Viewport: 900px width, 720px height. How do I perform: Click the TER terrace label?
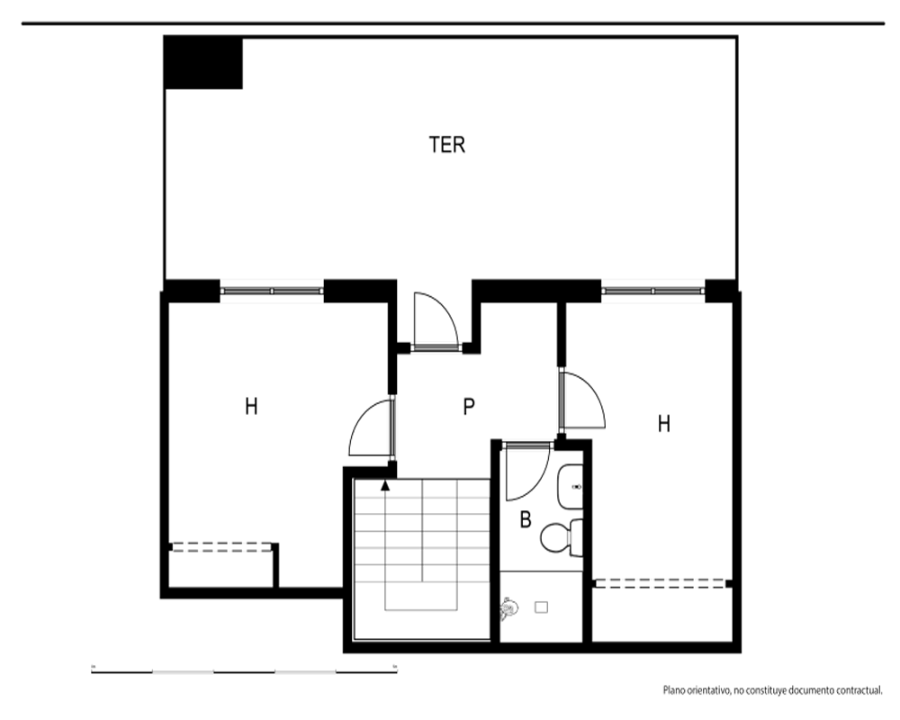446,145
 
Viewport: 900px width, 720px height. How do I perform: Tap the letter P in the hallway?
469,407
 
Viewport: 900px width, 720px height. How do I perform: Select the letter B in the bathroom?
526,519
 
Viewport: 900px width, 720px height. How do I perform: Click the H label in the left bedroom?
251,407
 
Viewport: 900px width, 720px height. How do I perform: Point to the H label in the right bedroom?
663,424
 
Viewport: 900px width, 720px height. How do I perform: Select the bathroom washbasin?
570,487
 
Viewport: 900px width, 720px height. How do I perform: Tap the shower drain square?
541,607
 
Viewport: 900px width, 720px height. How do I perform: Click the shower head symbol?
508,608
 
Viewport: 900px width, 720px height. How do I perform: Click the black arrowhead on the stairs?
385,486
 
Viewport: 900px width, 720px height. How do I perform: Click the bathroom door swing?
526,471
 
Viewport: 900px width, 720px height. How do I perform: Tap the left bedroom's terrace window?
272,291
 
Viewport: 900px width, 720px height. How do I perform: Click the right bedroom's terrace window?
652,291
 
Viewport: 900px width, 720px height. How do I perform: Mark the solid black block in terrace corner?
203,63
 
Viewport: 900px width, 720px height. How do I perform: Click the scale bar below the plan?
244,670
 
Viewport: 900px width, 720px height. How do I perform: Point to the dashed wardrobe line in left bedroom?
221,547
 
